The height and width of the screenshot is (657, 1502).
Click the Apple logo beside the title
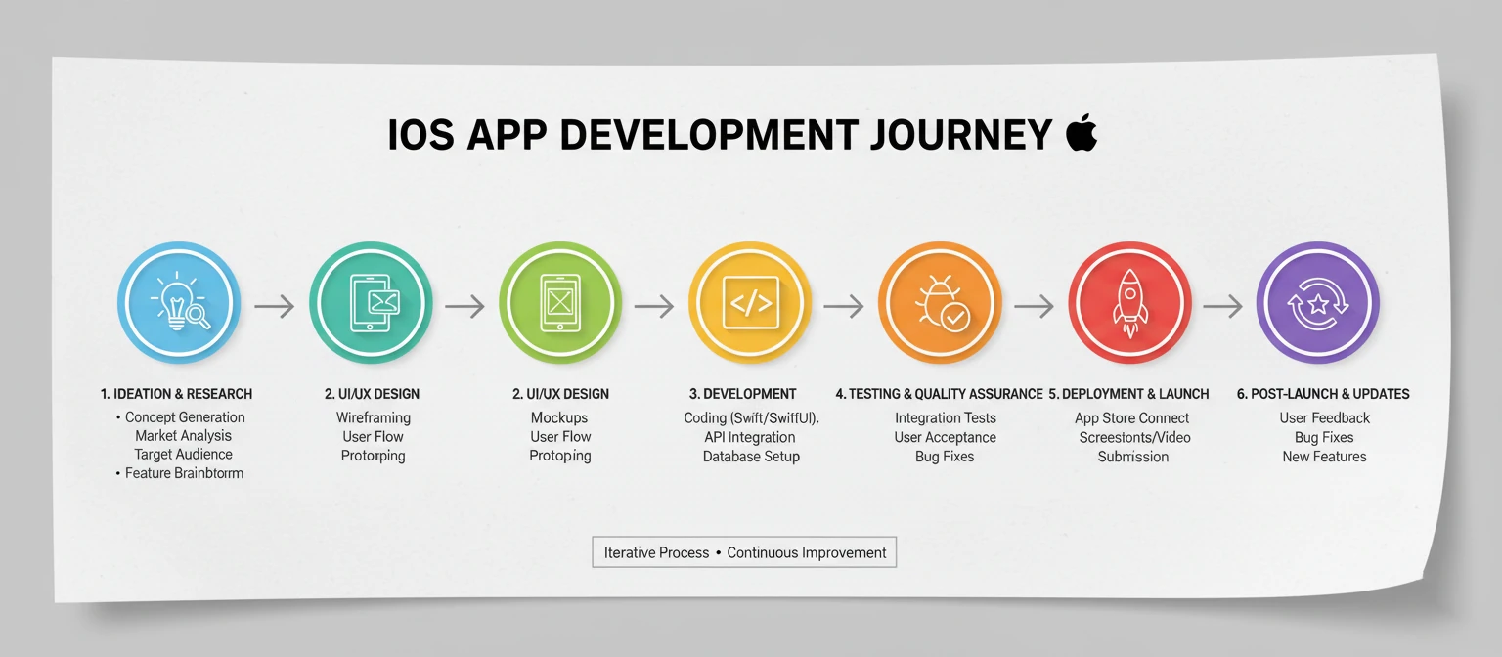[x=1081, y=133]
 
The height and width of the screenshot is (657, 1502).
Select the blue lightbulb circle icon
[x=178, y=303]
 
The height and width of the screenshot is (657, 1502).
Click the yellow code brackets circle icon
[x=750, y=303]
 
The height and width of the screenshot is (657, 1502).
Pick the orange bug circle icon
[x=940, y=303]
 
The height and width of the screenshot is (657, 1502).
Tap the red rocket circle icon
[x=1129, y=303]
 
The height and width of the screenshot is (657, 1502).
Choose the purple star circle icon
[x=1317, y=303]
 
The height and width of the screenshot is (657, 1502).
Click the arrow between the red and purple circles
[x=1222, y=307]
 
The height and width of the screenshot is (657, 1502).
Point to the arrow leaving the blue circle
[x=274, y=307]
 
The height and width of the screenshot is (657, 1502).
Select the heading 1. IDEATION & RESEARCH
[x=176, y=394]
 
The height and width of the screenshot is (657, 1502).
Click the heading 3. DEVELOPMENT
[x=742, y=394]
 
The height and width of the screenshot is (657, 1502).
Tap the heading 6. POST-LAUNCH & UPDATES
[x=1323, y=394]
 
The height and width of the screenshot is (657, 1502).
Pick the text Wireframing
[x=373, y=417]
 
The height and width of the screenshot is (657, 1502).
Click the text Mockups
[x=559, y=417]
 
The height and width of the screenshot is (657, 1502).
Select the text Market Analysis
[x=184, y=436]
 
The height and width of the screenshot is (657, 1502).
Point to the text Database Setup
[x=751, y=457]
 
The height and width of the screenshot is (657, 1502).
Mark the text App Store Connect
[x=1131, y=418]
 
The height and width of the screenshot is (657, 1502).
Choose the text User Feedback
[x=1325, y=418]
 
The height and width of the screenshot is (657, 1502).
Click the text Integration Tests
[x=946, y=418]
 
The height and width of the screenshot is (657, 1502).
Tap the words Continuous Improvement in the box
[x=807, y=552]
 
